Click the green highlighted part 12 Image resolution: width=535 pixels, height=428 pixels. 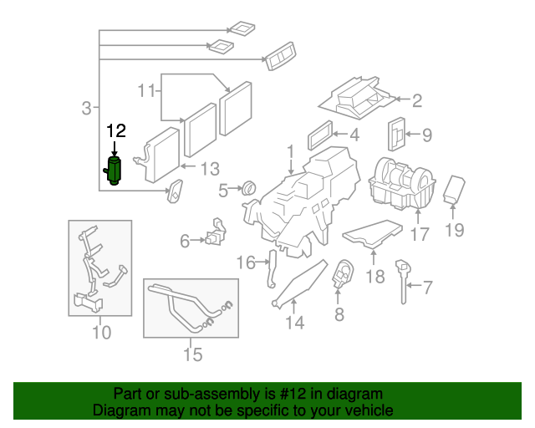tap(115, 171)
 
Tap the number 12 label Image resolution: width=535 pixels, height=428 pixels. tap(115, 130)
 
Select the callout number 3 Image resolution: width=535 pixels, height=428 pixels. tap(86, 108)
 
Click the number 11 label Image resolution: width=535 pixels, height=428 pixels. tap(146, 89)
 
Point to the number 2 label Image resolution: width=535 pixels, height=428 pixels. tap(415, 101)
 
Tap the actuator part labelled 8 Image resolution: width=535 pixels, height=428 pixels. tap(342, 277)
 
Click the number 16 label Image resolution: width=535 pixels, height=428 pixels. tap(244, 263)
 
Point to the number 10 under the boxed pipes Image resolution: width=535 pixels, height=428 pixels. tap(100, 332)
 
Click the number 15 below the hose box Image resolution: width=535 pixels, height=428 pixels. tap(192, 355)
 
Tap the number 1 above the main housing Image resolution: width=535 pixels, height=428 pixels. tap(290, 153)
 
